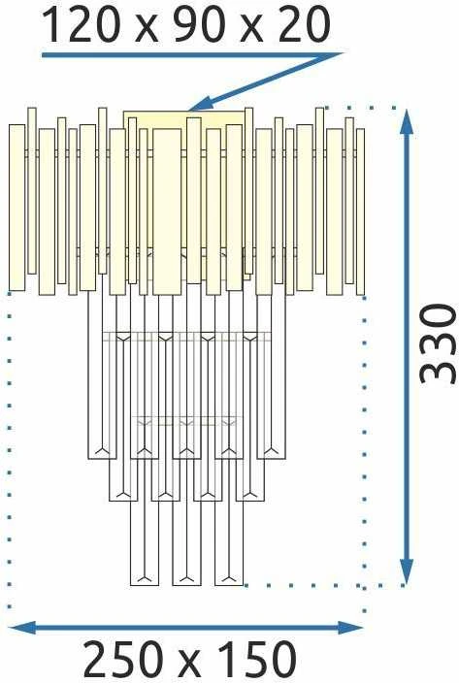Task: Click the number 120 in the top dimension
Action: (81, 25)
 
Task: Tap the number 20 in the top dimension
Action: (305, 25)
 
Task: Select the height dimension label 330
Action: (438, 345)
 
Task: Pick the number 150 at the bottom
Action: (254, 659)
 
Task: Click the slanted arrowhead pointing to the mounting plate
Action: (201, 105)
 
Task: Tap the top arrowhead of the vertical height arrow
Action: (407, 123)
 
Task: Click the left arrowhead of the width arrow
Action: (22, 628)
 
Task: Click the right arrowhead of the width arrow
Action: (350, 628)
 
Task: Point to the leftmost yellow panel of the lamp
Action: (17, 208)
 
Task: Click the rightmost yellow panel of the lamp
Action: (360, 211)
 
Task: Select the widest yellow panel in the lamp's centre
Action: (167, 211)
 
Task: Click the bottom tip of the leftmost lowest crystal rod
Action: (145, 585)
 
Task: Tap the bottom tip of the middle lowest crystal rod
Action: (186, 585)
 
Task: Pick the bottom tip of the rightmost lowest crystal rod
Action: (229, 585)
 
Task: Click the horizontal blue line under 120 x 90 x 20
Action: (191, 55)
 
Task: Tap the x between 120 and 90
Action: (146, 30)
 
